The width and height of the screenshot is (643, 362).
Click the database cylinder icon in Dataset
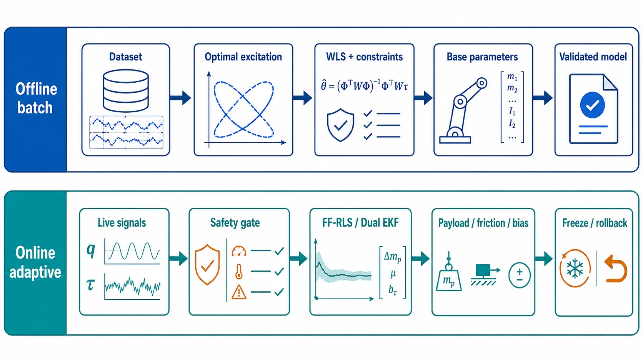(126, 90)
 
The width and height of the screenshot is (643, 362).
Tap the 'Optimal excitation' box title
(243, 57)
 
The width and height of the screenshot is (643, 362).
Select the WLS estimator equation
(364, 86)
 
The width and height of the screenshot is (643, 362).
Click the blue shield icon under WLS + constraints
(340, 125)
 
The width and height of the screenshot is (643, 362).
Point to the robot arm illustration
(463, 110)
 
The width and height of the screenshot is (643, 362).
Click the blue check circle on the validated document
(593, 105)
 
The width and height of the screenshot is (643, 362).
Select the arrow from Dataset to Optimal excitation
(180, 98)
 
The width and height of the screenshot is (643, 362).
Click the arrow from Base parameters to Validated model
(542, 98)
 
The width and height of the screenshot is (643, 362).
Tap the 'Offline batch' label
(36, 98)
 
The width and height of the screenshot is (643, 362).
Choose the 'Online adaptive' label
(35, 262)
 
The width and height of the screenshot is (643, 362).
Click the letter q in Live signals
(91, 250)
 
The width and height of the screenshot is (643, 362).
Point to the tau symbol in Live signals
(91, 285)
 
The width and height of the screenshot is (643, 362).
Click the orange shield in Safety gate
(207, 265)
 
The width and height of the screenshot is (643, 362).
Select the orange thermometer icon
(238, 272)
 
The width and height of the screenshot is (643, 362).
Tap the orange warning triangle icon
(239, 292)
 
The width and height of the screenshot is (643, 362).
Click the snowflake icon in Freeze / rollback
(575, 269)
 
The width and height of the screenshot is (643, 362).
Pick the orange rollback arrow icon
(616, 269)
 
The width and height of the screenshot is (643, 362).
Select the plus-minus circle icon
(519, 275)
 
